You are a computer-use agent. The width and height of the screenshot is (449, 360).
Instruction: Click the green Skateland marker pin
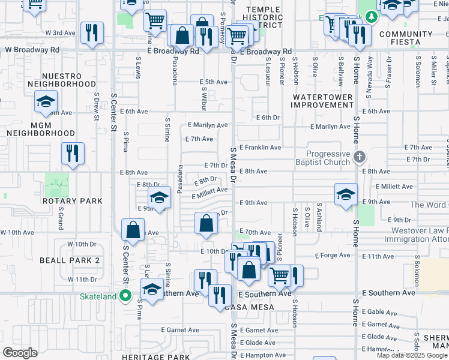[125, 295]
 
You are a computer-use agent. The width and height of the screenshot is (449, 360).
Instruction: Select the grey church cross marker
[359, 157]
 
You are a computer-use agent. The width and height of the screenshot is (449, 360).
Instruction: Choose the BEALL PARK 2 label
[70, 260]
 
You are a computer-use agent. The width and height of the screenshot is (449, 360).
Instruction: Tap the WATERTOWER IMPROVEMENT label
[322, 100]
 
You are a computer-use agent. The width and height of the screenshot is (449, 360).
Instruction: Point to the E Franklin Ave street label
[260, 148]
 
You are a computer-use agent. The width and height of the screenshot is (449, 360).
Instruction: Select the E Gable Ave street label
[380, 312]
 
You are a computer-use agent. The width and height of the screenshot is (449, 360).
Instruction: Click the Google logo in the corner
[20, 353]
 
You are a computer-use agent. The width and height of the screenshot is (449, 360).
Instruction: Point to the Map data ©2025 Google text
[411, 355]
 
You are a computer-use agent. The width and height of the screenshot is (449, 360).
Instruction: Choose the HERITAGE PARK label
[139, 356]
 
